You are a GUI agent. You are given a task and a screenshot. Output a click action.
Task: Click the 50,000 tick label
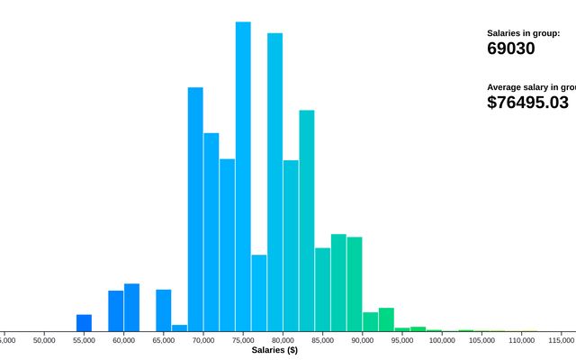click(x=44, y=340)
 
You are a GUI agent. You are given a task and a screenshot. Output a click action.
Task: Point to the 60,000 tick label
click(x=123, y=340)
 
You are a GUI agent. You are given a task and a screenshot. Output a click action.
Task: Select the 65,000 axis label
click(x=164, y=340)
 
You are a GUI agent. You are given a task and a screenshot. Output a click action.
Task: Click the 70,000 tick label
click(x=203, y=340)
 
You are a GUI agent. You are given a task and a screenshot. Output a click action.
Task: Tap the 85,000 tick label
click(x=322, y=340)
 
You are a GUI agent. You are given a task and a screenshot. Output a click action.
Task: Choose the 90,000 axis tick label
click(x=363, y=340)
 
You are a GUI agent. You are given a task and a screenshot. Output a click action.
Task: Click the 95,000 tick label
click(x=402, y=340)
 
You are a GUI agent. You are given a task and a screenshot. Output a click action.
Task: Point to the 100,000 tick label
click(x=442, y=340)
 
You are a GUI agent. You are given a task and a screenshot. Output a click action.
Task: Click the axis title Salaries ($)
click(x=274, y=350)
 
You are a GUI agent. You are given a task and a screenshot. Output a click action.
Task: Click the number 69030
click(x=511, y=49)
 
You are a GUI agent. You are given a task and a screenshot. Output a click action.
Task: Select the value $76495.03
click(x=528, y=103)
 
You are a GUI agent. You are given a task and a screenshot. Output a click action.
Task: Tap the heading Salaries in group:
click(x=524, y=33)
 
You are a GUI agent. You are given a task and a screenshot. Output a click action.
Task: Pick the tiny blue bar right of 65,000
click(x=179, y=328)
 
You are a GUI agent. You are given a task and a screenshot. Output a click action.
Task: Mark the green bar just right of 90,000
click(x=370, y=321)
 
